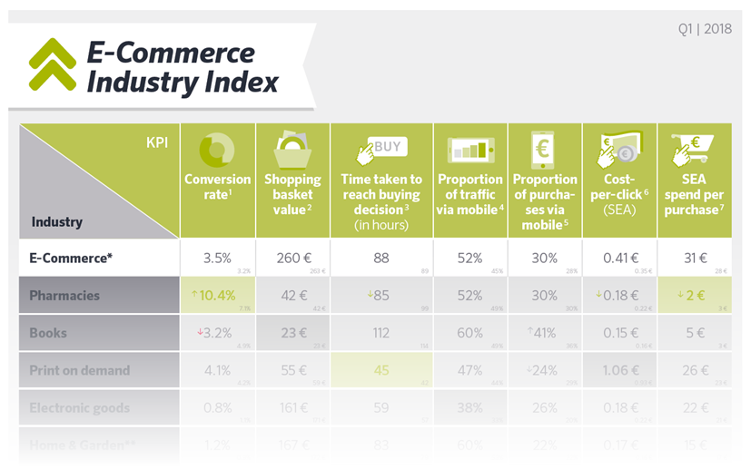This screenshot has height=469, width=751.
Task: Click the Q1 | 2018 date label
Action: click(704, 28)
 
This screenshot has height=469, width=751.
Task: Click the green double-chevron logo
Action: click(52, 64)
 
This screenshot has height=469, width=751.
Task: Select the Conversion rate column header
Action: click(217, 186)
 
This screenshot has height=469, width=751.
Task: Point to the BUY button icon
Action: click(381, 149)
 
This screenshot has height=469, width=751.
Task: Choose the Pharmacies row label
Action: click(64, 295)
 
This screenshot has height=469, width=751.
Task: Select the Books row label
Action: click(48, 333)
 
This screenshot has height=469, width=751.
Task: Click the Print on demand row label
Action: click(80, 370)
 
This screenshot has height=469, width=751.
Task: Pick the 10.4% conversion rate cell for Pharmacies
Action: click(217, 295)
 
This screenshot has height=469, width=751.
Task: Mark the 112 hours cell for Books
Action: click(381, 333)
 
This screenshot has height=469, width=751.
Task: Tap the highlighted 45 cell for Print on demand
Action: click(381, 370)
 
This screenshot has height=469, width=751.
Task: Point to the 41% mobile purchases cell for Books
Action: click(544, 333)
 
